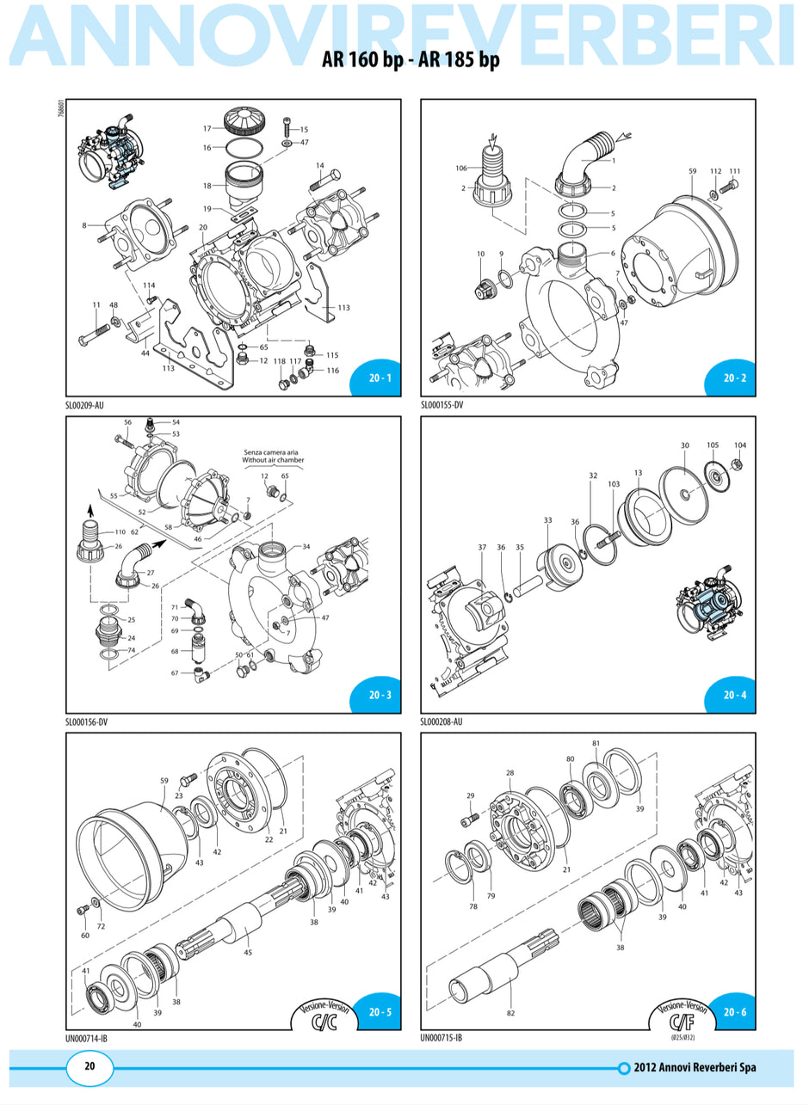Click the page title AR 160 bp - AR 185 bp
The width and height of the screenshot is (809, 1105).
pyautogui.click(x=410, y=60)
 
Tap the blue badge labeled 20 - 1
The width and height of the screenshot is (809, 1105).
pyautogui.click(x=380, y=378)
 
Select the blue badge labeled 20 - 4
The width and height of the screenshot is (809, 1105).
pyautogui.click(x=734, y=695)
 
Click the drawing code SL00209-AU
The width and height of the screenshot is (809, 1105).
pyautogui.click(x=90, y=405)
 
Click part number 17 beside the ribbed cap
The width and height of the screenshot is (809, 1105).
pyautogui.click(x=207, y=128)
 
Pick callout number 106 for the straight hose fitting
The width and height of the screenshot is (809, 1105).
pyautogui.click(x=460, y=169)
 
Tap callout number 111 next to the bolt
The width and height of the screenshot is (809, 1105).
pyautogui.click(x=734, y=171)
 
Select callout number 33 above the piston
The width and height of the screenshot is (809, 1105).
pyautogui.click(x=548, y=520)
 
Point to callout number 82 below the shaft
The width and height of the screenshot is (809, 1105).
pyautogui.click(x=510, y=1013)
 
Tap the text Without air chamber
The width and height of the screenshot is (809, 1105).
pyautogui.click(x=273, y=460)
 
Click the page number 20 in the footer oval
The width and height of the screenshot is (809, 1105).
pyautogui.click(x=90, y=1066)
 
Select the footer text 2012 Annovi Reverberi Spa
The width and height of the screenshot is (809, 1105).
pyautogui.click(x=694, y=1068)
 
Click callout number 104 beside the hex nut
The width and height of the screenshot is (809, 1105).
pyautogui.click(x=740, y=445)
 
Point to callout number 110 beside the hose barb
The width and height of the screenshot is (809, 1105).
pyautogui.click(x=120, y=532)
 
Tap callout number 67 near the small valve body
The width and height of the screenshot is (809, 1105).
pyautogui.click(x=175, y=672)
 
